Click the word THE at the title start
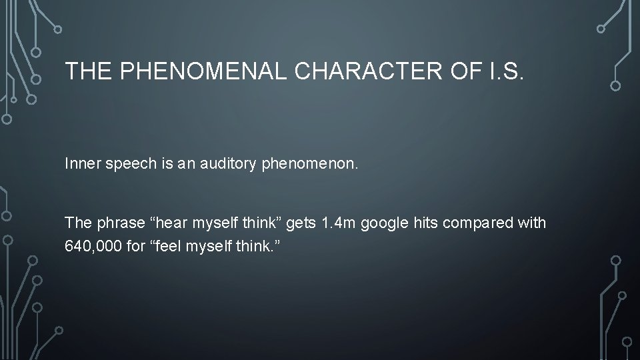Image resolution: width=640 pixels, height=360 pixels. (89, 71)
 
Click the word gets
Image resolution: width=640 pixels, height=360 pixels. (300, 223)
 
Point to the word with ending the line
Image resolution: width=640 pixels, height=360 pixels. (531, 223)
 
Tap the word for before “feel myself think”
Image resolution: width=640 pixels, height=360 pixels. (133, 247)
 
